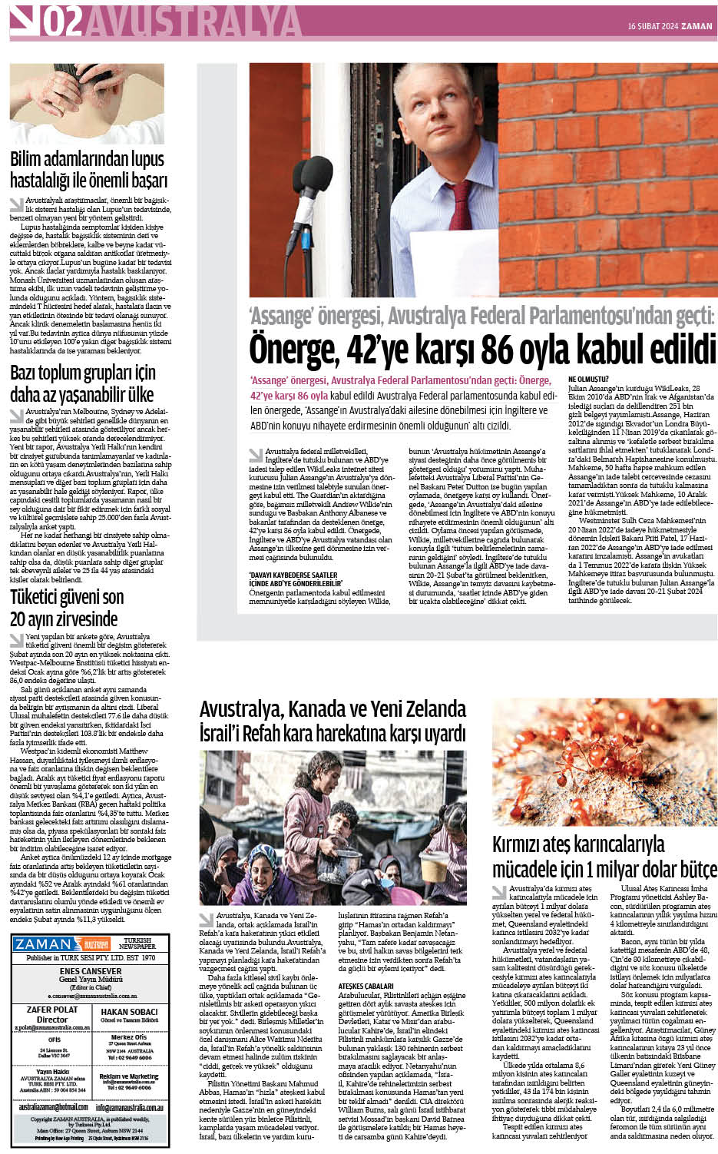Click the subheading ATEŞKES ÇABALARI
click(x=366, y=986)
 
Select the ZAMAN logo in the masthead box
click(x=44, y=944)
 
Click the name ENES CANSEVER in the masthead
click(x=91, y=971)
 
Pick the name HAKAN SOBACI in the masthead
click(x=129, y=1012)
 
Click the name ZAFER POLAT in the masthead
click(x=52, y=1010)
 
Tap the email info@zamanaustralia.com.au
click(x=129, y=1107)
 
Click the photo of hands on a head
click(x=87, y=104)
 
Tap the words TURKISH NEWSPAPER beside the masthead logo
click(x=138, y=943)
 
